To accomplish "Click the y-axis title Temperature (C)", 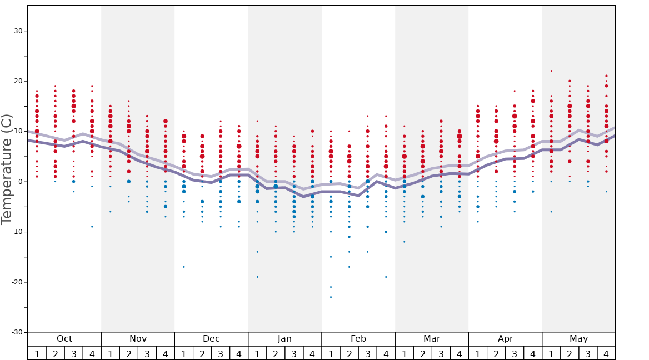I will click(x=7, y=169).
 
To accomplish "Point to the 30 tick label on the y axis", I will click(x=17, y=31).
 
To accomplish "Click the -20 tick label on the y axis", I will click(x=15, y=282).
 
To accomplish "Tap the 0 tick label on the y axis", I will click(x=19, y=182).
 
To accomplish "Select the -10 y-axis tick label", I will click(x=15, y=232).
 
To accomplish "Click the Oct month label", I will click(x=64, y=339).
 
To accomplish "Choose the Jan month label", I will click(x=284, y=339).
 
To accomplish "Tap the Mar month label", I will click(x=432, y=339).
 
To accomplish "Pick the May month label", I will click(x=578, y=339).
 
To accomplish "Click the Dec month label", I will click(x=211, y=339).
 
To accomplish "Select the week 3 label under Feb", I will click(x=367, y=353).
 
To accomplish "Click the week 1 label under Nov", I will click(x=111, y=353).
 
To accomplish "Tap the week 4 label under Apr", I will click(x=533, y=353).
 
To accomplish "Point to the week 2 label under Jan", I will click(x=276, y=353).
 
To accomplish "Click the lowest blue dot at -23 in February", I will click(x=331, y=297).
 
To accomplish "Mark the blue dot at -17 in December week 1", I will click(x=184, y=267).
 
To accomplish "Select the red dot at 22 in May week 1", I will click(x=551, y=71).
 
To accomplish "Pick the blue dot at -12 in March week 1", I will click(x=404, y=242).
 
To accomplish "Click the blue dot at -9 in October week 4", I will click(x=92, y=227).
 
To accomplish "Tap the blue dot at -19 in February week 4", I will click(x=386, y=277).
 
